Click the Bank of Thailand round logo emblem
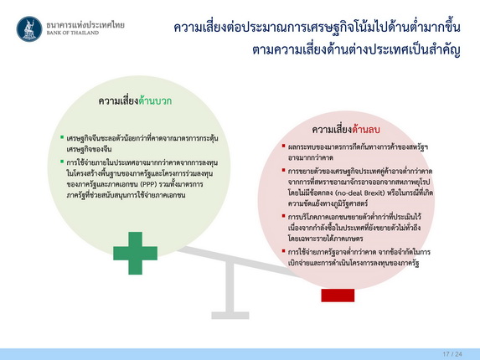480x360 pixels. click(29, 29)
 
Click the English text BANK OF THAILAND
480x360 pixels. click(73, 33)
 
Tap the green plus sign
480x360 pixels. click(136, 253)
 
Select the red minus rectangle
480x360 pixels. click(338, 296)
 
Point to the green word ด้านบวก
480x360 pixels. click(155, 101)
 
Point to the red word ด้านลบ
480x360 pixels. click(366, 130)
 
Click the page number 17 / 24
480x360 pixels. click(452, 354)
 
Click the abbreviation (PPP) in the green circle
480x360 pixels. click(149, 184)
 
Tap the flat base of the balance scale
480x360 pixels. click(230, 316)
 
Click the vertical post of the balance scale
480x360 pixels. click(230, 287)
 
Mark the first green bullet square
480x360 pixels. click(62, 137)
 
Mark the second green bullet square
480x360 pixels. click(62, 162)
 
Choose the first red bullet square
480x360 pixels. click(283, 146)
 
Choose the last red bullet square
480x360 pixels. click(283, 251)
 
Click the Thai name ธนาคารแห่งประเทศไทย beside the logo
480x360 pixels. click(85, 25)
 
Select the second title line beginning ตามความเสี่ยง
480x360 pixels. click(356, 49)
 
